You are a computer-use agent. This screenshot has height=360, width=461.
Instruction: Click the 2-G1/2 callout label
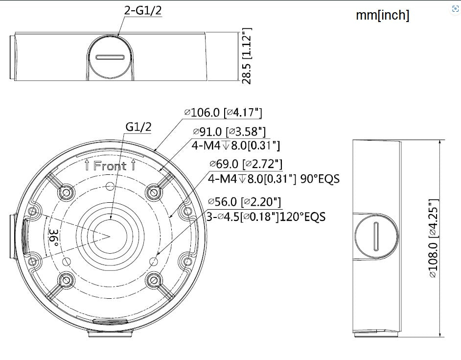tap(143, 10)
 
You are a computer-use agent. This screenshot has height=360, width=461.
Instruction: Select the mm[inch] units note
tap(383, 15)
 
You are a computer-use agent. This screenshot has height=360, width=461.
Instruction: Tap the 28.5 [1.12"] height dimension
tap(247, 56)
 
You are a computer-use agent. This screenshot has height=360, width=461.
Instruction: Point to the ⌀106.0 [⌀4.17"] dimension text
tap(223, 112)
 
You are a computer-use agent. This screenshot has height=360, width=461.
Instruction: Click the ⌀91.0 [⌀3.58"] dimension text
tap(230, 132)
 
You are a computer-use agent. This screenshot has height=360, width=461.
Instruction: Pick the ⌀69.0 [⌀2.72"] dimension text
tap(246, 164)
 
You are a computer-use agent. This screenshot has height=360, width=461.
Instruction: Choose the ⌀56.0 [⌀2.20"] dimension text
tap(244, 202)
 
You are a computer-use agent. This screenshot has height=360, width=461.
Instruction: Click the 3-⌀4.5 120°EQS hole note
tap(266, 216)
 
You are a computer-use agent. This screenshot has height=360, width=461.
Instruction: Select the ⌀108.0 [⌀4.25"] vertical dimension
tap(434, 239)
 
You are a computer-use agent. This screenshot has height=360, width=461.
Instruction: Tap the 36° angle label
tap(53, 239)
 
